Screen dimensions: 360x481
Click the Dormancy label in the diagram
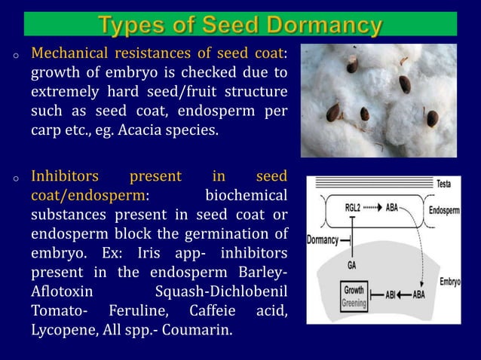click(x=323, y=241)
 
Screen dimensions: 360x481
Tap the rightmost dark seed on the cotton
click(x=433, y=118)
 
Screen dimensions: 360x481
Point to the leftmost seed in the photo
click(x=333, y=113)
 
